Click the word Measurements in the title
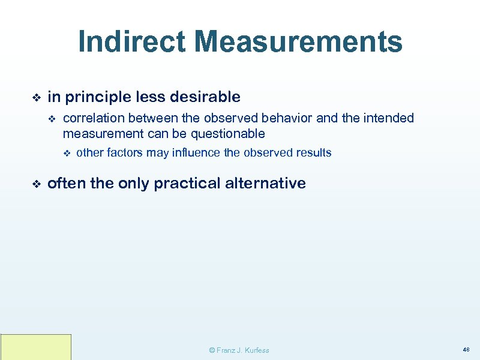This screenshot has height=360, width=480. [x=298, y=42]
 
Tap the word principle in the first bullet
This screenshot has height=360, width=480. [x=99, y=97]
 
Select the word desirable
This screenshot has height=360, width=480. [x=206, y=97]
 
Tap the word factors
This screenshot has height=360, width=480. [x=122, y=152]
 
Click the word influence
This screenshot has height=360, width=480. [x=196, y=152]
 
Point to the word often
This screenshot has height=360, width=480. [x=66, y=183]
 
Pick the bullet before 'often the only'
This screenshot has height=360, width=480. [x=35, y=184]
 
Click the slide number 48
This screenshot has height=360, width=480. [x=466, y=349]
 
